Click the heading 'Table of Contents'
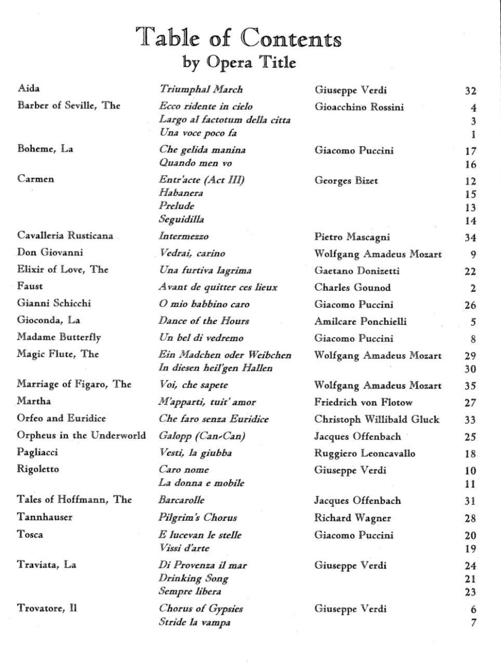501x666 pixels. (239, 39)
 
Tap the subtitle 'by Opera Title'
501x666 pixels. (239, 62)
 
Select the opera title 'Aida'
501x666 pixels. (29, 88)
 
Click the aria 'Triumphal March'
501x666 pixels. (201, 89)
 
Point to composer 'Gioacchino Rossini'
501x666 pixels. (359, 107)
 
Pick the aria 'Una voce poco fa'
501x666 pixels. (197, 133)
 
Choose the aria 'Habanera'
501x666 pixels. (181, 193)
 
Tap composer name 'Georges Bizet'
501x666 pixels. (346, 181)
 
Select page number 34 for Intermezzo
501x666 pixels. (470, 238)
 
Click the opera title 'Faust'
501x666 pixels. (30, 286)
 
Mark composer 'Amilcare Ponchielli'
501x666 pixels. (360, 322)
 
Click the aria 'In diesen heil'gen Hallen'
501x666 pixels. (216, 368)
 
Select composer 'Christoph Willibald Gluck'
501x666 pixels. (376, 419)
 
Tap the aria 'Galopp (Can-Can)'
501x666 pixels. (202, 436)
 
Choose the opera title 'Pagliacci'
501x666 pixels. (37, 453)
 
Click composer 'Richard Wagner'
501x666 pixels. (352, 518)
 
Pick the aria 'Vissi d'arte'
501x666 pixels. (184, 548)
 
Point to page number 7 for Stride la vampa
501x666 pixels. (473, 622)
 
